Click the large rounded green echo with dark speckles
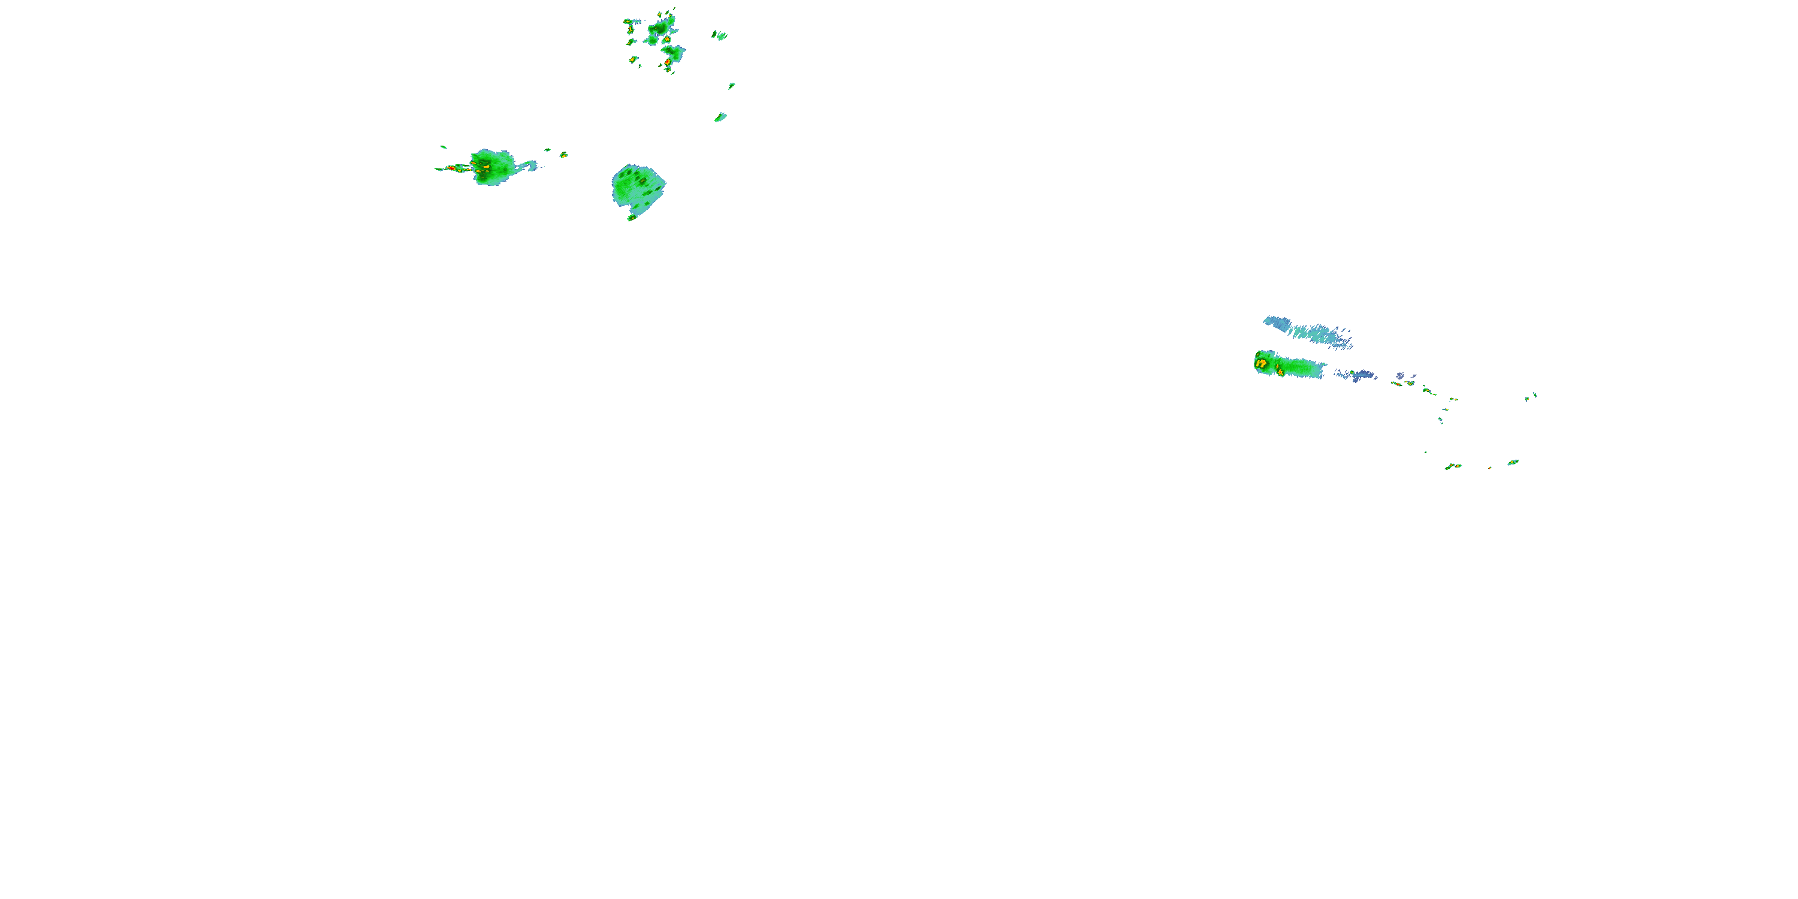point(638,187)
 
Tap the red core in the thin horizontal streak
point(451,168)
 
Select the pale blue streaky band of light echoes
point(1310,331)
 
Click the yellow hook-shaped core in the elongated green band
point(1261,363)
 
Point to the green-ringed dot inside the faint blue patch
point(1353,376)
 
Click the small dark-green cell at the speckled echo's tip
point(632,218)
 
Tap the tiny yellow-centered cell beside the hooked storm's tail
point(563,154)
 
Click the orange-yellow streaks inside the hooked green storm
point(482,166)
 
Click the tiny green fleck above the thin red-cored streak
point(442,147)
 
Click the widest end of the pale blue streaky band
point(1274,322)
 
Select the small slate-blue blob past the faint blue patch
point(1400,376)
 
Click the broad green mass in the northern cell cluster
point(660,29)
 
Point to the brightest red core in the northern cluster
point(667,62)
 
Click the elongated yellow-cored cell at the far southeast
point(1513,462)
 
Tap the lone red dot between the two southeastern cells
point(1490,467)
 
